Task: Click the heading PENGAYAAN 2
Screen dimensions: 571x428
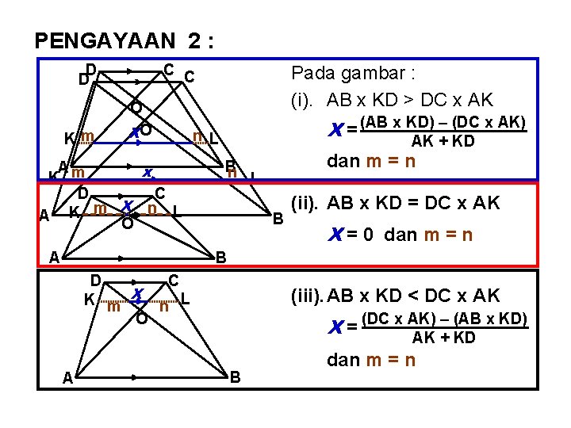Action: tap(124, 40)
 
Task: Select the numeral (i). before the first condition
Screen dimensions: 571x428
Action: tap(304, 101)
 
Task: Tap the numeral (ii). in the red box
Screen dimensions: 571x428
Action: tap(305, 203)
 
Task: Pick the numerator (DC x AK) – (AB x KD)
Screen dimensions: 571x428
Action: tap(444, 320)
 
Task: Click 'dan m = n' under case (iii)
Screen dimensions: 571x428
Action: tap(371, 360)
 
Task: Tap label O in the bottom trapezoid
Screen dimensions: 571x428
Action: tap(140, 319)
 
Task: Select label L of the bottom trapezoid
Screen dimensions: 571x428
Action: tap(185, 300)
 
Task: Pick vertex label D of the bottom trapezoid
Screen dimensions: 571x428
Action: tap(94, 279)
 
